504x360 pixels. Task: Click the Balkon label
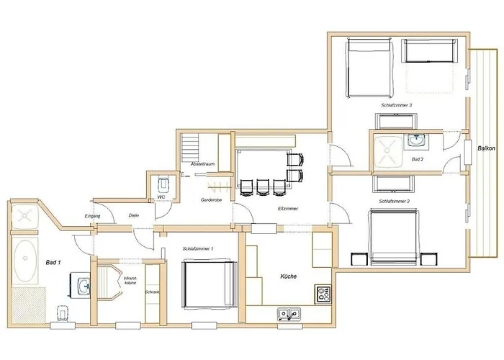(485, 148)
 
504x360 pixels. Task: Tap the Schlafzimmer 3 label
(397, 106)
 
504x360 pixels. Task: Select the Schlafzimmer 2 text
(393, 202)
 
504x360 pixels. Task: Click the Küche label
(289, 276)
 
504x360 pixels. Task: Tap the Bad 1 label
(52, 263)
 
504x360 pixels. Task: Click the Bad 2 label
(417, 158)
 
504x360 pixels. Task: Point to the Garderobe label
(211, 199)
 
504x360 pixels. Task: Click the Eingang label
(92, 216)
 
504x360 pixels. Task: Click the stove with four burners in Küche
(323, 294)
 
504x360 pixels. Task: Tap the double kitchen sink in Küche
(290, 313)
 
